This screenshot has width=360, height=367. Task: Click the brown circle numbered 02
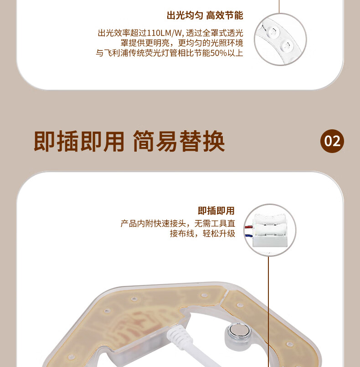tap(332, 141)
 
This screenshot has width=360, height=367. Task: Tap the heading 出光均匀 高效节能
tap(205, 15)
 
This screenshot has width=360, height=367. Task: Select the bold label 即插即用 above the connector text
tap(216, 211)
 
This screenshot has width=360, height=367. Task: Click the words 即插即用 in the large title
tap(79, 141)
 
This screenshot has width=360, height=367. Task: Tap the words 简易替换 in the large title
tap(179, 141)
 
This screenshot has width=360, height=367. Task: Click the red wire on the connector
tap(248, 227)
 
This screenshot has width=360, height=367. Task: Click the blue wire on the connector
tap(249, 236)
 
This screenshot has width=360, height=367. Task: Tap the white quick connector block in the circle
tap(269, 230)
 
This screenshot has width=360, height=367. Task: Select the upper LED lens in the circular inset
tap(273, 31)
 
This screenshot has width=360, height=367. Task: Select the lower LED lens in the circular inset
tap(287, 46)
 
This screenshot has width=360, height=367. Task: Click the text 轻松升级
tap(219, 233)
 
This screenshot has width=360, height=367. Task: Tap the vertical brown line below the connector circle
tap(269, 311)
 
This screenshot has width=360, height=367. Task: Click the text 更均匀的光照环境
tap(211, 43)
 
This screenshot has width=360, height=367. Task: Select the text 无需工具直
tap(215, 224)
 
